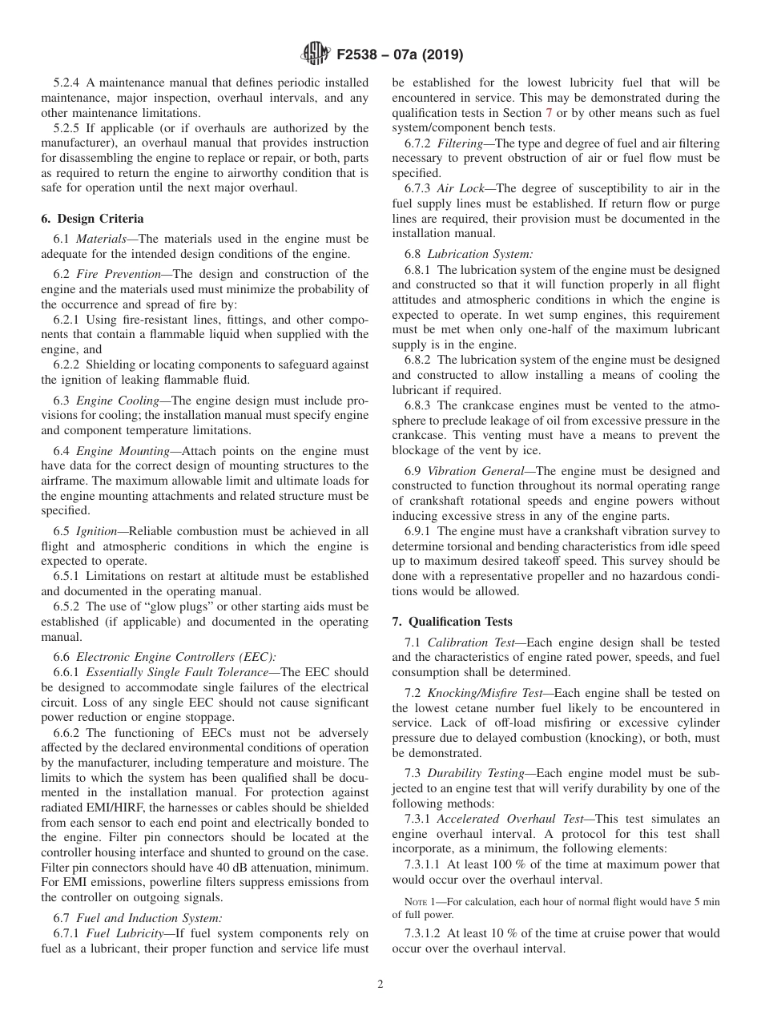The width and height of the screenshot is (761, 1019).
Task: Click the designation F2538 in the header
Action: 356,55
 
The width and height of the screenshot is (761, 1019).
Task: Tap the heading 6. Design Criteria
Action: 92,219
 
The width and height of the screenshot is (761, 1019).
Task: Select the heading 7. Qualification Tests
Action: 452,622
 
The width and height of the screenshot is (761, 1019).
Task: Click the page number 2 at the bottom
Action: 380,985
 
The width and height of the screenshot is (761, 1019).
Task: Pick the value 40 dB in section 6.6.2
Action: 245,868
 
